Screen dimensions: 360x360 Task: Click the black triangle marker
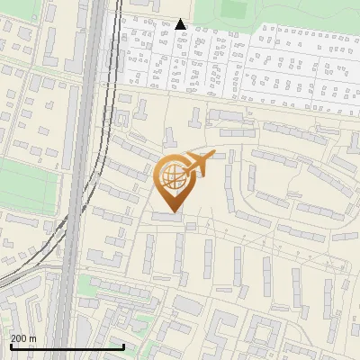coord(181,24)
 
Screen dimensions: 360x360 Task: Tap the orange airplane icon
coord(199,165)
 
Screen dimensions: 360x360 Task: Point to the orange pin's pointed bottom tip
coord(170,211)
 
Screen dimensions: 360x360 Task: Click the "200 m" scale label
coord(23,338)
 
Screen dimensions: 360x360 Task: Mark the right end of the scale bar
coord(123,346)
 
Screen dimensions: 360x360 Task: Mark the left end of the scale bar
coord(10,346)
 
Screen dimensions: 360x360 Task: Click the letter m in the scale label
coord(32,338)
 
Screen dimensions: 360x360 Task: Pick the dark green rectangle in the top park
coord(234,10)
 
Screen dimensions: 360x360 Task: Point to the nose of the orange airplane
coord(214,157)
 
